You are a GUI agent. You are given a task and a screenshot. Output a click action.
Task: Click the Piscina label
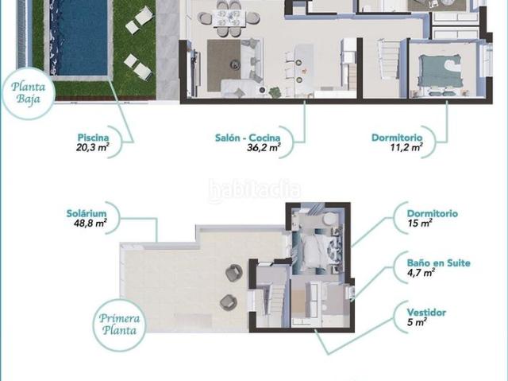pos(93,138)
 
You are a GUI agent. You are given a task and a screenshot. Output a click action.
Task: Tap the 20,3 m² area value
pos(92,148)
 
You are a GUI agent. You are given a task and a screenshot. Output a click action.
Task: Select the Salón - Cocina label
pos(248,138)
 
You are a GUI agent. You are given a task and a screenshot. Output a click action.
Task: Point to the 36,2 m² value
pos(264,148)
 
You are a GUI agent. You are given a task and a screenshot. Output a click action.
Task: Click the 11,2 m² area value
pos(406,148)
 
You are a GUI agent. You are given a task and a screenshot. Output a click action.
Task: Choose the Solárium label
pos(87,213)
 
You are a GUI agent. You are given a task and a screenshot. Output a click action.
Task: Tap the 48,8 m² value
pos(90,224)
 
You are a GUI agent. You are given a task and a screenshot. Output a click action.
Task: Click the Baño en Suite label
pos(439,262)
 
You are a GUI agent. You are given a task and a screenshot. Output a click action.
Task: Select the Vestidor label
pos(426,313)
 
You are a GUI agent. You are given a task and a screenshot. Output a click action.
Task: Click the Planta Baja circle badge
pos(28,93)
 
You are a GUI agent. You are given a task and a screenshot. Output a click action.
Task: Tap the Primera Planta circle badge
pos(119,325)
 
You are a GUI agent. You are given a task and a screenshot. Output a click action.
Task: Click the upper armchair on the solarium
pos(234,273)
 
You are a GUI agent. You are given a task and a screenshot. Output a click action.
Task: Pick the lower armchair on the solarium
pos(229,302)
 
